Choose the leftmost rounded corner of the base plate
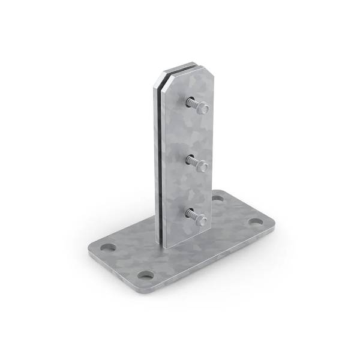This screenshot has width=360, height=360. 90,247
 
